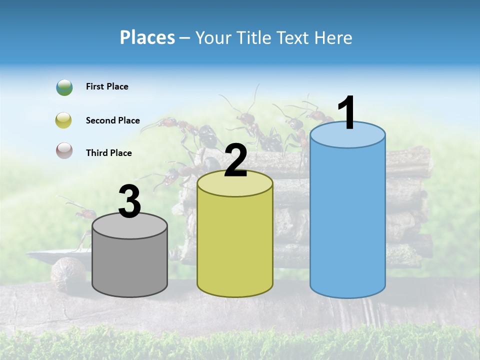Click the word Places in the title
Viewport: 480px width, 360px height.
(147, 37)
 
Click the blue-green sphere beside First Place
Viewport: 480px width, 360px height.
(64, 87)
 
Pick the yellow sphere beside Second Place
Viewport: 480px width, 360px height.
(64, 120)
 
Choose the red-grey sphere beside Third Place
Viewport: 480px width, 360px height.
(64, 150)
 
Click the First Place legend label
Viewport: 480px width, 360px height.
(107, 86)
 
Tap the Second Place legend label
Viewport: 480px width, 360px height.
(112, 120)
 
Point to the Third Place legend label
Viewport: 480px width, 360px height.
(108, 153)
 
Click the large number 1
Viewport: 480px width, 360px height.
(347, 113)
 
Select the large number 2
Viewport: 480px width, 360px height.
(235, 160)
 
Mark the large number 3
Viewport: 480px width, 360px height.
(129, 202)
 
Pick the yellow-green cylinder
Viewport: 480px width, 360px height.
(235, 245)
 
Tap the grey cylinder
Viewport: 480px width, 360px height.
(130, 262)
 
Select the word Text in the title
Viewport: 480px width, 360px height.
(297, 37)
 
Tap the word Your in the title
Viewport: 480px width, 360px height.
(212, 37)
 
